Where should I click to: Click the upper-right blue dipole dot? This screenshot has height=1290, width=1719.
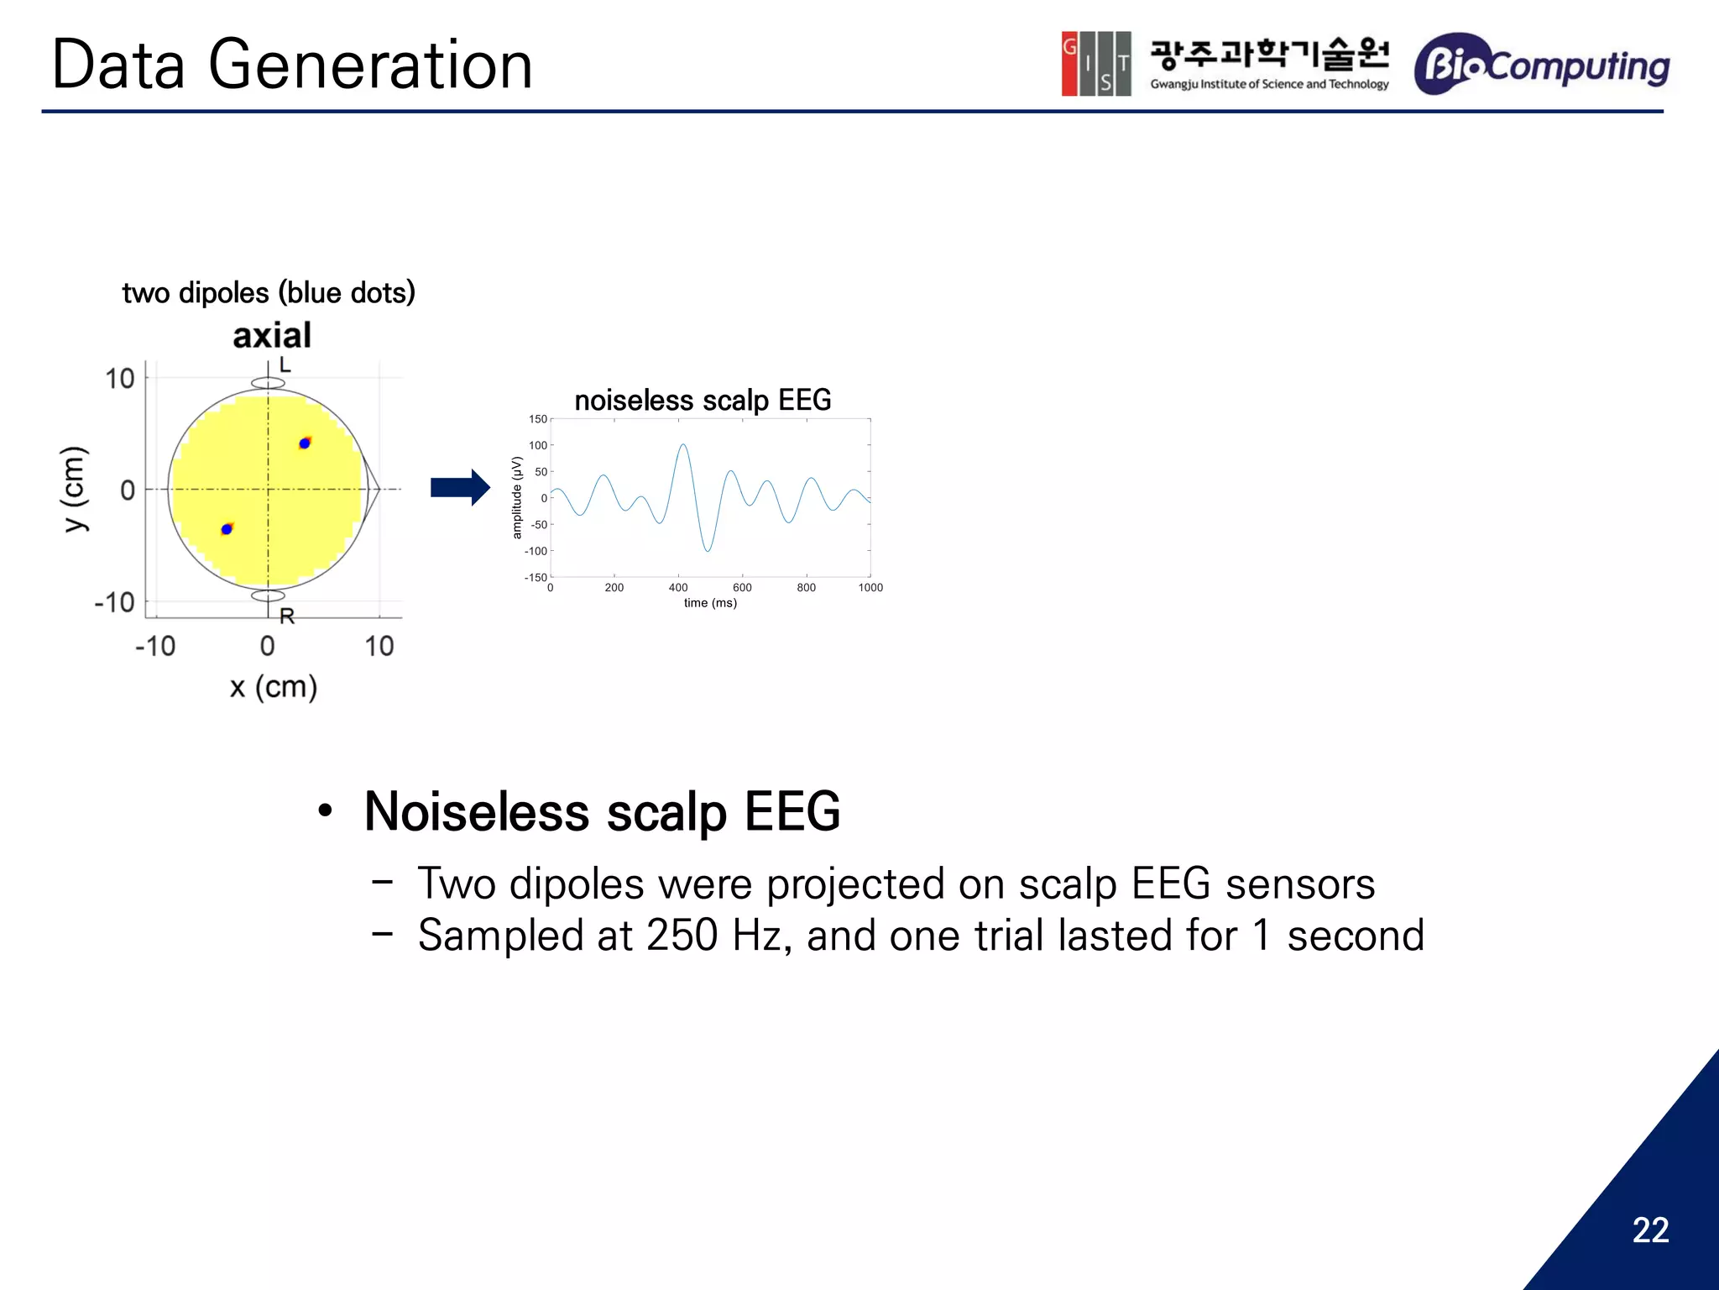point(305,443)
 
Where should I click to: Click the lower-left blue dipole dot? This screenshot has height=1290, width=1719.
point(227,529)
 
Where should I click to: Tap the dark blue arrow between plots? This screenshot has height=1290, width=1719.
point(460,487)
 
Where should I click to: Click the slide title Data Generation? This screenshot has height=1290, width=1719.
point(292,65)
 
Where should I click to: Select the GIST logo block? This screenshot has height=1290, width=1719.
point(1096,64)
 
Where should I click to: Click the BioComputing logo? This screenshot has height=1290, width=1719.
point(1542,65)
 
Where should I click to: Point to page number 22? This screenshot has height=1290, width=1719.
point(1650,1230)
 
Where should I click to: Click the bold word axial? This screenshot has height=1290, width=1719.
point(272,335)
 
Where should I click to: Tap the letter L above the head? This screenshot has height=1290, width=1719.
point(285,364)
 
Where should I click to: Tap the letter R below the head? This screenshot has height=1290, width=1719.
point(287,616)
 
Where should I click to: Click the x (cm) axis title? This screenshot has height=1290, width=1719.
point(274,687)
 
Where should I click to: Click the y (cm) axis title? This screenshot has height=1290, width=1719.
point(75,489)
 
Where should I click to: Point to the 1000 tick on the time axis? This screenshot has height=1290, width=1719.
point(870,588)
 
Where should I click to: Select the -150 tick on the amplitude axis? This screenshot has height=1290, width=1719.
point(536,578)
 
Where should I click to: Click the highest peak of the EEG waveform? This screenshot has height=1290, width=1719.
point(684,445)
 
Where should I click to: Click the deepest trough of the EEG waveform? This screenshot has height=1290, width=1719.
point(708,551)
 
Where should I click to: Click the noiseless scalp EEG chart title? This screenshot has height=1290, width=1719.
point(703,400)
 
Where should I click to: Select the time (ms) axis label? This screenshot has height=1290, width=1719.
point(710,603)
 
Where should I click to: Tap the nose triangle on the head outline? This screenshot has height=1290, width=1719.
point(373,489)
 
